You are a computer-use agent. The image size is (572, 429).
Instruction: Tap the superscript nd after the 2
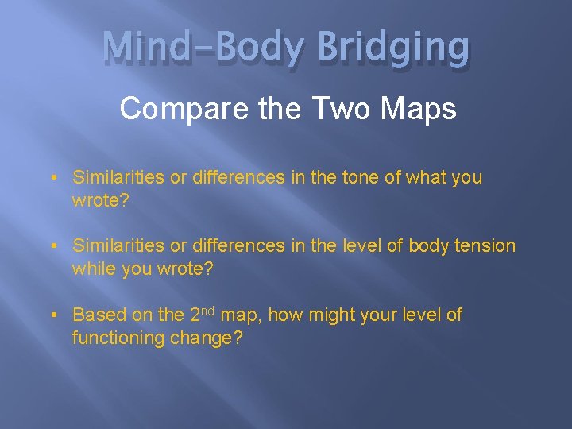(x=207, y=310)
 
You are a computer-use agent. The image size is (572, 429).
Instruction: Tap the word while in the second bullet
(x=93, y=269)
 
